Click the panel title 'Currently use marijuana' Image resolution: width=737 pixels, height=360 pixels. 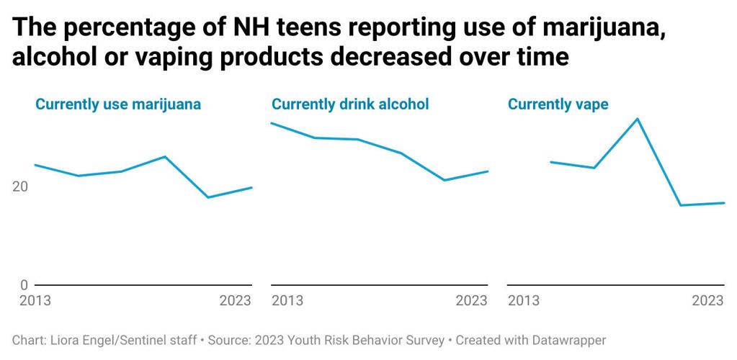(x=118, y=104)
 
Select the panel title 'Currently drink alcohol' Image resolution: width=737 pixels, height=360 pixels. (x=350, y=104)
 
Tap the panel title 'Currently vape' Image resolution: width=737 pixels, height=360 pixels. (x=558, y=104)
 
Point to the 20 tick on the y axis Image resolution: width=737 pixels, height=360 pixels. (x=21, y=186)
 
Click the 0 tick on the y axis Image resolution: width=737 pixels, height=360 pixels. (x=24, y=285)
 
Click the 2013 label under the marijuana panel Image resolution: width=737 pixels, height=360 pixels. (x=35, y=300)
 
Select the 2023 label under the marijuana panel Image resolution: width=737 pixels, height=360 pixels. (x=235, y=300)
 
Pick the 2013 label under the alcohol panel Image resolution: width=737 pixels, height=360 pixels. (x=287, y=300)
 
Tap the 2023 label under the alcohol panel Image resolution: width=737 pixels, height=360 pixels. (x=472, y=300)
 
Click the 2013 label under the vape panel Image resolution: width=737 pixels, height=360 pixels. (x=523, y=300)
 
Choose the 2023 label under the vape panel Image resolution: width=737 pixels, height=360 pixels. (x=708, y=300)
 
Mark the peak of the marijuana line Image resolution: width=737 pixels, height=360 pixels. (x=165, y=156)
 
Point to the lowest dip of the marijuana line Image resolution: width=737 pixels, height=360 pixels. (x=208, y=197)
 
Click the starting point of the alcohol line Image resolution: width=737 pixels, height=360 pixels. (x=272, y=123)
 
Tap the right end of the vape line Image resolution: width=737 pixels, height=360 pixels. (x=724, y=203)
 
